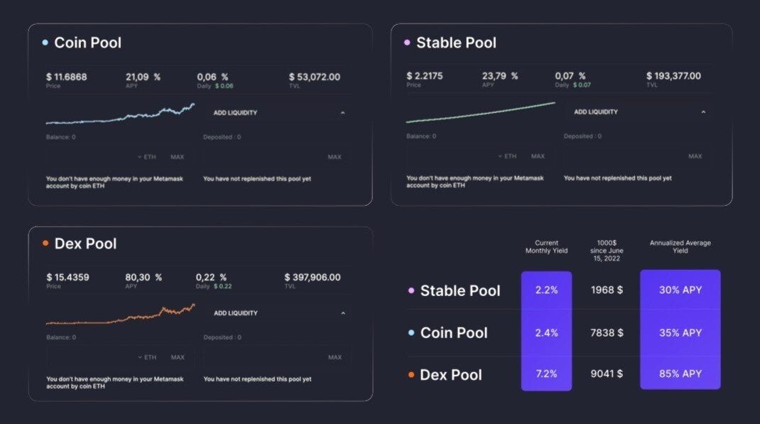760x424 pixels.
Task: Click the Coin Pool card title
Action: tap(87, 43)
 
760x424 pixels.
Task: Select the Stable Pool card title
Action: tap(456, 43)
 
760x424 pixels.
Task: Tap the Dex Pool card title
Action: tap(85, 244)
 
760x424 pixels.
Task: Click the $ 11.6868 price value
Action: tap(67, 77)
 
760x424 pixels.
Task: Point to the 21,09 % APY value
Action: tap(143, 77)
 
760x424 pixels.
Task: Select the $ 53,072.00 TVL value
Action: tap(315, 77)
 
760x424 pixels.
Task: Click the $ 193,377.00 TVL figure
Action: tap(673, 76)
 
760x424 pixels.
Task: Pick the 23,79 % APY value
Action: tap(500, 76)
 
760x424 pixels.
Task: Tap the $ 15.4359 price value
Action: tap(67, 277)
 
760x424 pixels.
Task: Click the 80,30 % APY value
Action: tap(143, 277)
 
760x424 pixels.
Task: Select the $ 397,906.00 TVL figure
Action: tap(313, 277)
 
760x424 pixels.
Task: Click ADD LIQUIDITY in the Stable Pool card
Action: tap(596, 112)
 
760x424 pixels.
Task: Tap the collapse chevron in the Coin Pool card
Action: tap(342, 113)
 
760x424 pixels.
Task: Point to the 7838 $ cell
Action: tap(607, 332)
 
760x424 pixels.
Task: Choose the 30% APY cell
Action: tap(680, 290)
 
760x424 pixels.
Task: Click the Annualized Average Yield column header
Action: tap(680, 246)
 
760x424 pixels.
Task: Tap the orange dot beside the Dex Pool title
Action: tap(45, 244)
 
